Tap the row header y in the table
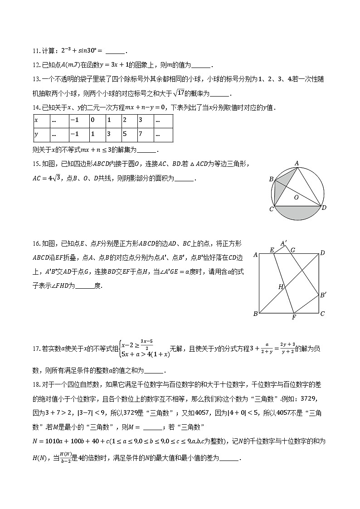[x=36, y=135]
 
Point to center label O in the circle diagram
[x=296, y=197]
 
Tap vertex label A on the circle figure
[x=297, y=163]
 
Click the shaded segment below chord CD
[x=298, y=213]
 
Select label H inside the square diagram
[x=281, y=286]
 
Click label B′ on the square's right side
[x=323, y=296]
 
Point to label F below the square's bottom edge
[x=293, y=317]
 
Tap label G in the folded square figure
[x=293, y=250]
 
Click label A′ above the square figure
[x=284, y=243]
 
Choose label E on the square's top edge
[x=272, y=250]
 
